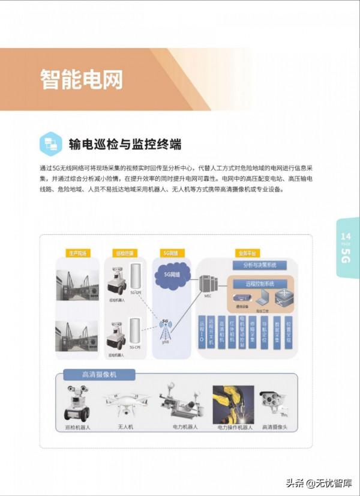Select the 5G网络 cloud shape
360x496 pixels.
point(173,275)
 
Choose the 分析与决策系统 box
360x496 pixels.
point(259,265)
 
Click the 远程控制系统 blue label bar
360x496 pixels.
point(260,283)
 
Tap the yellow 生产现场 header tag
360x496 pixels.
point(77,253)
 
